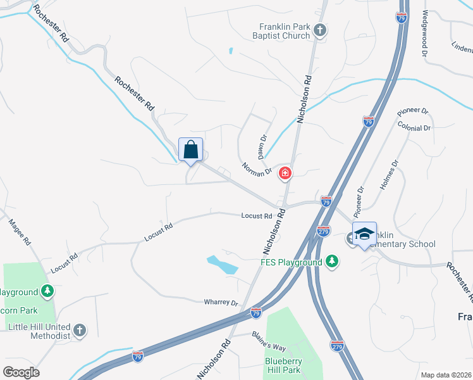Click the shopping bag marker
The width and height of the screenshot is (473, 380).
point(191,151)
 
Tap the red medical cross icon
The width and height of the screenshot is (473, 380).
point(286,173)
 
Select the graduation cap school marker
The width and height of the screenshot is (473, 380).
point(365,234)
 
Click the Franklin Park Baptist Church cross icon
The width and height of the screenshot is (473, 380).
point(321,30)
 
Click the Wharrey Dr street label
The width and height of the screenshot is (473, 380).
point(221,303)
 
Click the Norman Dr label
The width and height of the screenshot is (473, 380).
point(257,168)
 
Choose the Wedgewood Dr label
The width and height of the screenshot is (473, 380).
point(425,26)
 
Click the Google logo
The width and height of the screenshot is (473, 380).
point(21,372)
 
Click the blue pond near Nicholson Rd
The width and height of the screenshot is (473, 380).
point(222,265)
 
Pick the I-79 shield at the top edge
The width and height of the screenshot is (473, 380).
point(402,18)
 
